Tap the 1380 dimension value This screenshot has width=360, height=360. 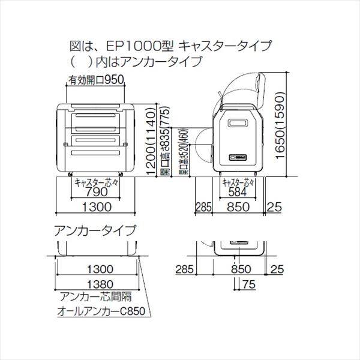(x=96, y=285)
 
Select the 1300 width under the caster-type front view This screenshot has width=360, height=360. (x=96, y=208)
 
